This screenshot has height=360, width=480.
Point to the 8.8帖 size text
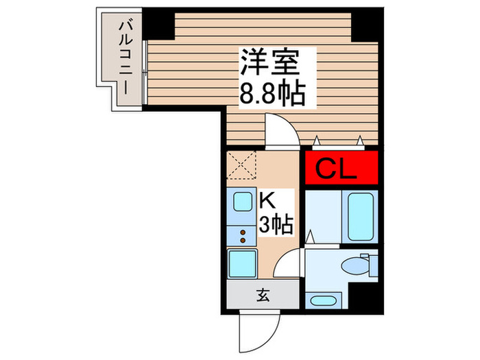pyautogui.click(x=271, y=95)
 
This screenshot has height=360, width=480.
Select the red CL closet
pyautogui.click(x=341, y=169)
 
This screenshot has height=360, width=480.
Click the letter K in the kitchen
pyautogui.click(x=267, y=200)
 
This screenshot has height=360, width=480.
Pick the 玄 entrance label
pyautogui.click(x=263, y=297)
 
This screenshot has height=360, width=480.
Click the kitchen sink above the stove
pyautogui.click(x=242, y=203)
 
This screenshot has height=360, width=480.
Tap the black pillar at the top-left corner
pyautogui.click(x=157, y=23)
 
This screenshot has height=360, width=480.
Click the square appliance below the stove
pyautogui.click(x=242, y=264)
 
